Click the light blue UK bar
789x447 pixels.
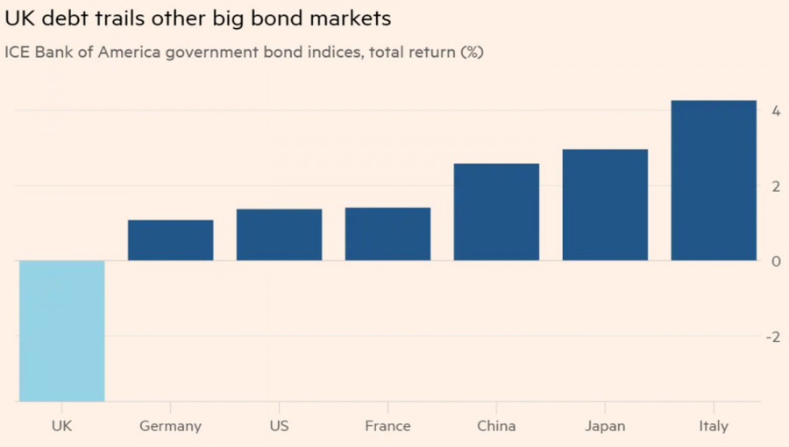point(62,331)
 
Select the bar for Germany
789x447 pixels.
point(171,240)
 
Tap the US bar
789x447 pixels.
point(280,235)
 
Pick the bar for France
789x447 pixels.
point(387,234)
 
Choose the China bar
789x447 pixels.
point(496,212)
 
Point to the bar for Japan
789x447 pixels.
point(605,205)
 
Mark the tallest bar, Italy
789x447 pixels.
point(714,181)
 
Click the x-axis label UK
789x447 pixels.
point(62,426)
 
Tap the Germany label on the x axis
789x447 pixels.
point(171,427)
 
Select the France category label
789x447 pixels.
point(387,426)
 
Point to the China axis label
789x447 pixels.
point(496,426)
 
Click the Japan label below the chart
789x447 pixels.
point(605,427)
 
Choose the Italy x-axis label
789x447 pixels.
point(714,427)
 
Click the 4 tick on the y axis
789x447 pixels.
point(776,110)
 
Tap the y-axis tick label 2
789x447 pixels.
point(776,186)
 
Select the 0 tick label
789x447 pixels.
point(776,261)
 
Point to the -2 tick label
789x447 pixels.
point(772,337)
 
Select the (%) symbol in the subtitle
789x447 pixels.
point(471,52)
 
